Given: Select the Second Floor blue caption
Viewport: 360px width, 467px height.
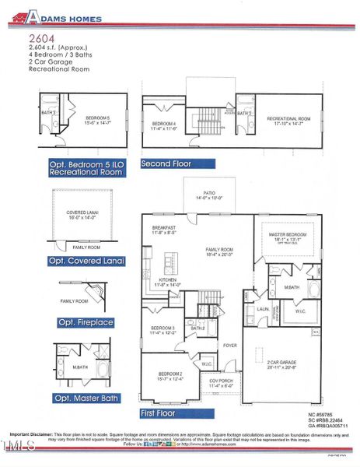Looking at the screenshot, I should tap(166, 163).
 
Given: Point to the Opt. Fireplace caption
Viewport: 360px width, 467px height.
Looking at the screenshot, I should tap(86, 321).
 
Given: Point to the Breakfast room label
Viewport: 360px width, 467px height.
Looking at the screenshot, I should tap(164, 227).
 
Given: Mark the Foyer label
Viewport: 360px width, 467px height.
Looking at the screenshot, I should tap(230, 345).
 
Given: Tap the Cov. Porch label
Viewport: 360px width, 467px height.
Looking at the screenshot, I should tap(222, 381).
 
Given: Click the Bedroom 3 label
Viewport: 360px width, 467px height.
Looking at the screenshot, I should tap(162, 329).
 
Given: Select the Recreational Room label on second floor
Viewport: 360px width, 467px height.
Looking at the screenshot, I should tap(288, 118).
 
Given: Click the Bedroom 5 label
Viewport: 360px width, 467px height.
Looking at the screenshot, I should tap(98, 118).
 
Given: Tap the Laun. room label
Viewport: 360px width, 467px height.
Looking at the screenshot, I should tap(263, 309).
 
